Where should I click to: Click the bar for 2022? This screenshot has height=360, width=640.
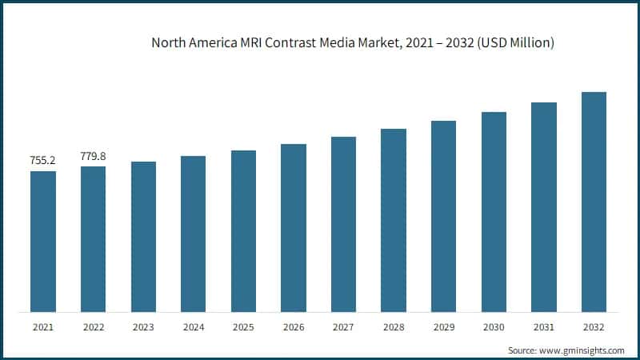pos(93,239)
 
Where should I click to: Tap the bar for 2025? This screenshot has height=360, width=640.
pos(243,231)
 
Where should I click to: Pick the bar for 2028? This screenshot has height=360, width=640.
pos(393,220)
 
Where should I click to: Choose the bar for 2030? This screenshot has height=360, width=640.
pos(494,212)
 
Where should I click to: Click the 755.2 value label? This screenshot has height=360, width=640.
pos(42,161)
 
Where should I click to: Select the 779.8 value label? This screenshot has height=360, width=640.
pos(93,156)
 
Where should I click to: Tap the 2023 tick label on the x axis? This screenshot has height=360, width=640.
pos(143,327)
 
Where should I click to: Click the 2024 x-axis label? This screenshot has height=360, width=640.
pos(193,327)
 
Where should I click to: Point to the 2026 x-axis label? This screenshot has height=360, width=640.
pos(293,327)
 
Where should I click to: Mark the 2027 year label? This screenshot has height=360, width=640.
pos(343,327)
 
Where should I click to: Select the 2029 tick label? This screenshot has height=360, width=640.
pos(443,327)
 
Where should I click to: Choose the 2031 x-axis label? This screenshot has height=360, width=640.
pos(543,327)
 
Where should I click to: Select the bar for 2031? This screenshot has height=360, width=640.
pos(543,207)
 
